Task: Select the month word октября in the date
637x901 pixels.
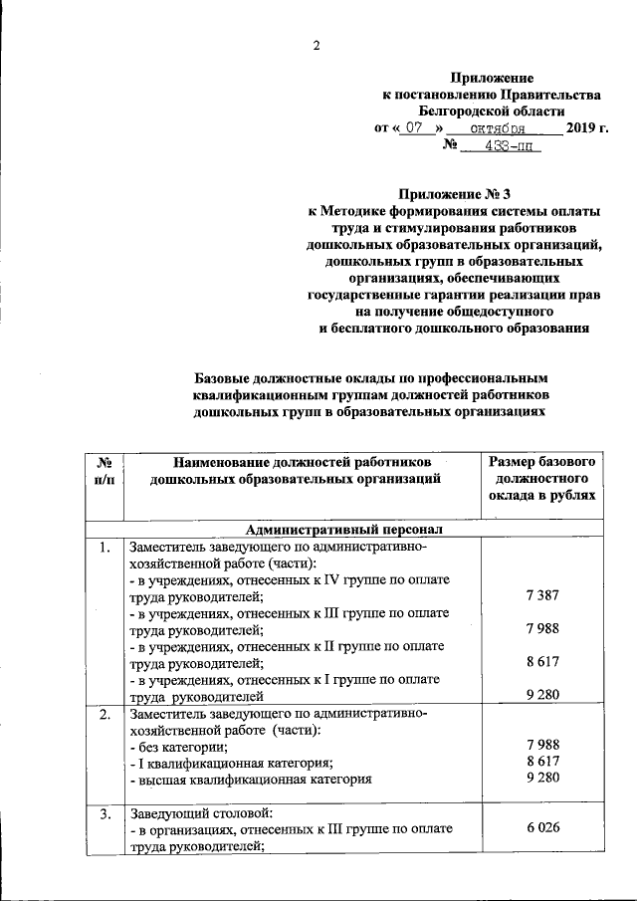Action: (504, 128)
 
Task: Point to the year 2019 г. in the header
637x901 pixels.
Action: (586, 128)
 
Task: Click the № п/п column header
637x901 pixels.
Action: (104, 471)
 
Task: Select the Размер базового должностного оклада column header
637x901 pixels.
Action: (542, 479)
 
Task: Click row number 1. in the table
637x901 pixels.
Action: (104, 548)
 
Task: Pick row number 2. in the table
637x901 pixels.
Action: (104, 715)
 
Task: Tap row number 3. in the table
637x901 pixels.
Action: (104, 813)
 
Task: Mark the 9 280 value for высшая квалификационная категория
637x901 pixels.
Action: (542, 780)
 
